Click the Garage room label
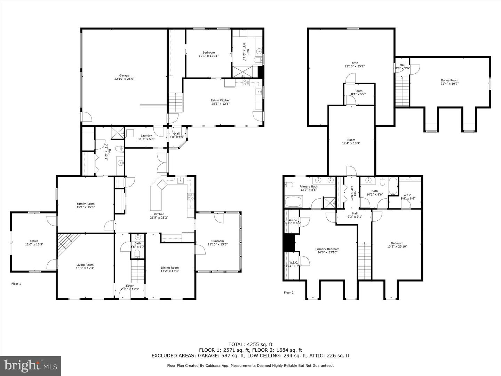point(124,76)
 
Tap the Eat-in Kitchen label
point(220,100)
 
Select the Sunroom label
point(218,241)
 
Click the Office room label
point(34,241)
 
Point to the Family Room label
point(86,204)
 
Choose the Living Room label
point(85,265)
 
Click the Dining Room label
point(170,268)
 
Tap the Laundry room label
point(146,135)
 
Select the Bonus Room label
point(450,80)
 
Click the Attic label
point(355,63)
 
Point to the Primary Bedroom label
point(327,249)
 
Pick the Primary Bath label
point(309,187)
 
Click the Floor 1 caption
point(16,284)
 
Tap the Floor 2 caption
point(289,292)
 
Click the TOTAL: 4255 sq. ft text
point(250,344)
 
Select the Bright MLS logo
point(31,366)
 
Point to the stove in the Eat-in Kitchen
point(246,83)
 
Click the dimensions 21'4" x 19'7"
point(450,84)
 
